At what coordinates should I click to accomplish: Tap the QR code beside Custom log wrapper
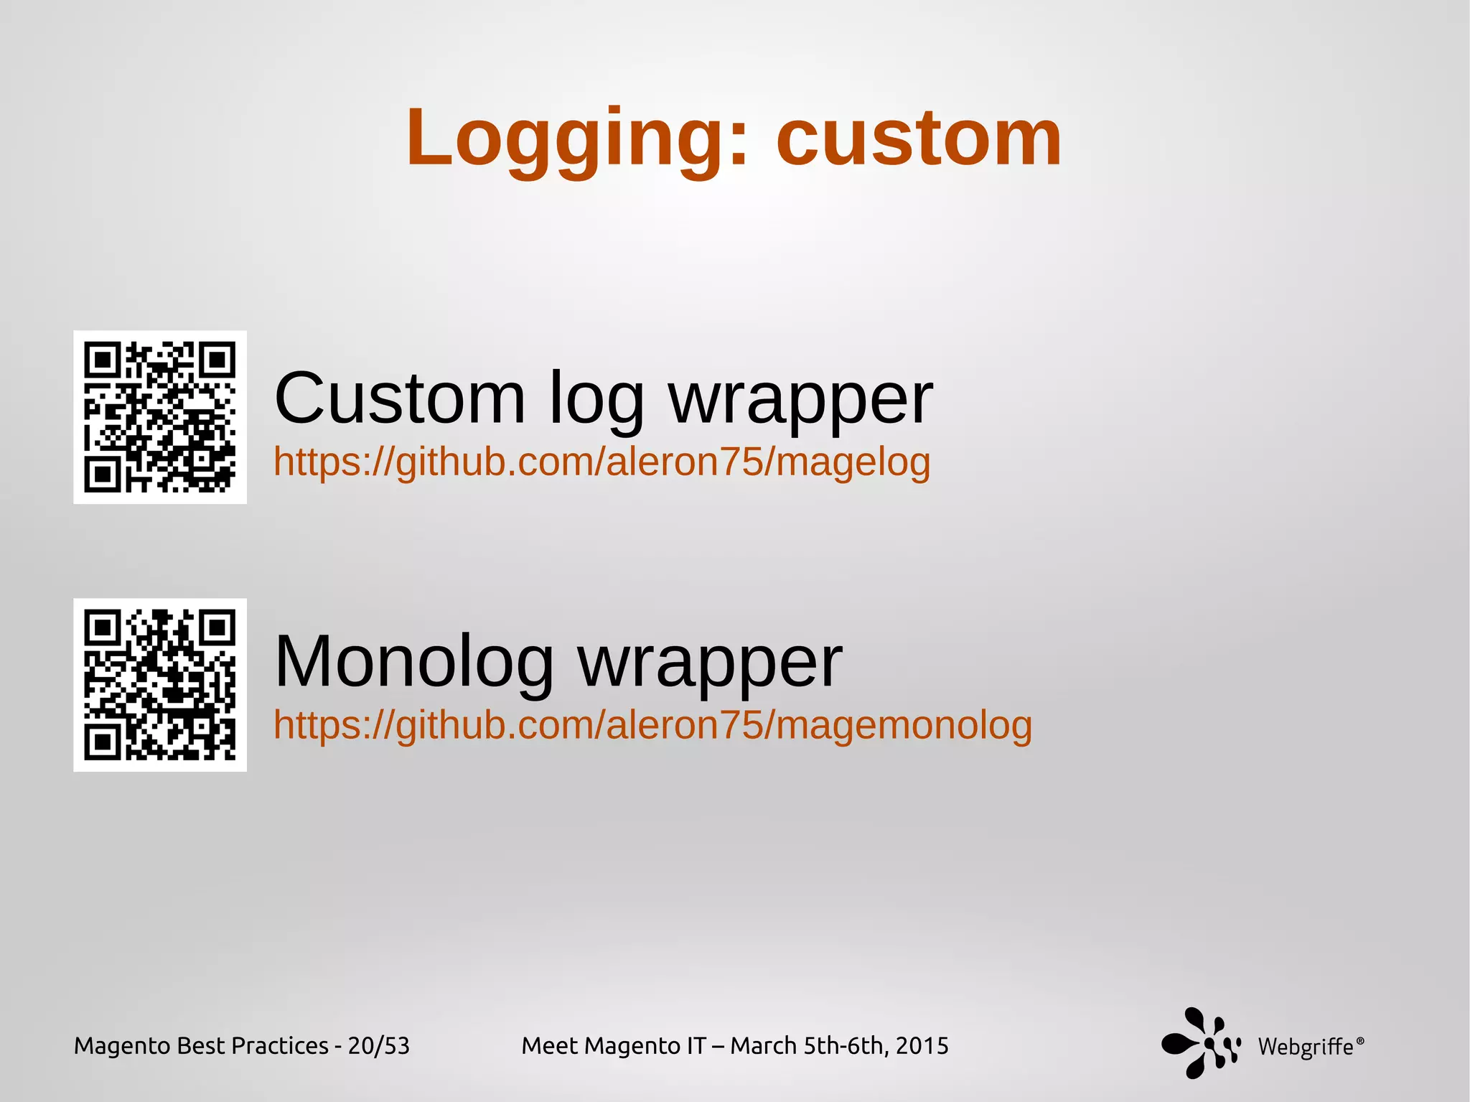[160, 417]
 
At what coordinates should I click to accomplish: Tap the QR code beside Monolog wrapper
[160, 685]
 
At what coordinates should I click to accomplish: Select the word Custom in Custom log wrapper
[400, 398]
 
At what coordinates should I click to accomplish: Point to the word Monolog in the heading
[414, 662]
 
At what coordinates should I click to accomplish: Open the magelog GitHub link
[601, 462]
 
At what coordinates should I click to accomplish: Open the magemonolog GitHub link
[652, 725]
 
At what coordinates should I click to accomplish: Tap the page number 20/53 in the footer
[378, 1046]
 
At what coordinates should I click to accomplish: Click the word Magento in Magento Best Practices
[121, 1046]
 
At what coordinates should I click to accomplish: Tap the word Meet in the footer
[546, 1046]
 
